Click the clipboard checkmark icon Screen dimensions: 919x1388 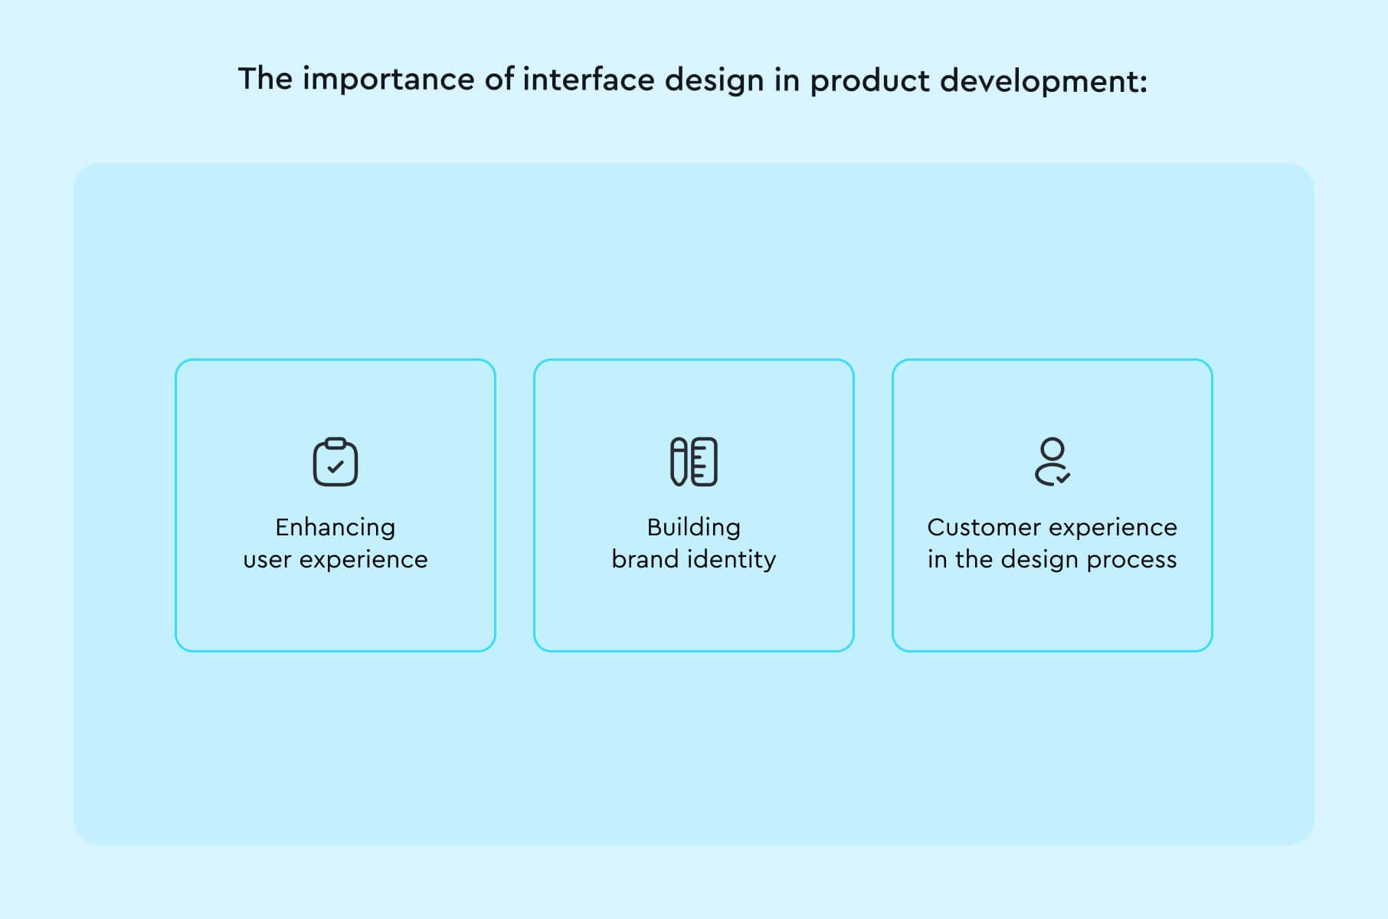pos(336,462)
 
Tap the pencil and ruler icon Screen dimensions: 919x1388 pos(694,462)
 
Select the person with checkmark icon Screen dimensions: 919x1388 pos(1052,462)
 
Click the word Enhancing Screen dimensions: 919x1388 pos(336,528)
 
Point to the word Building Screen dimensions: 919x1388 pos(693,528)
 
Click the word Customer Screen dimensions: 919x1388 pos(984,528)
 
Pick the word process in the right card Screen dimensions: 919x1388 pos(1131,560)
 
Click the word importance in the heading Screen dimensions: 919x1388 pos(388,80)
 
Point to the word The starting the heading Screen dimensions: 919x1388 pos(265,79)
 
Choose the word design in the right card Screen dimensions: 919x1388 pos(1039,560)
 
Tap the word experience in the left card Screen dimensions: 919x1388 pos(363,560)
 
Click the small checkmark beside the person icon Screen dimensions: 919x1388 pos(1063,477)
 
